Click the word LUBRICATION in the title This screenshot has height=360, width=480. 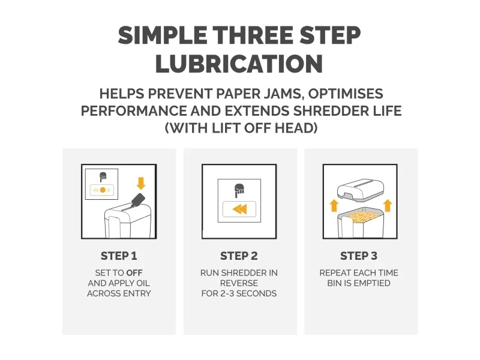(x=239, y=64)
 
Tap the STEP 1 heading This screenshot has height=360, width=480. (x=119, y=256)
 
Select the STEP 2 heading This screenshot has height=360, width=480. (x=239, y=256)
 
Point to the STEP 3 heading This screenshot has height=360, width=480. (x=359, y=256)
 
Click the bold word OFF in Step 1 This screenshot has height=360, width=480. (x=134, y=273)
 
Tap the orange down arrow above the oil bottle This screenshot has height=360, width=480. (x=141, y=183)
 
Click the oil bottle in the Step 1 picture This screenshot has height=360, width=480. (x=137, y=200)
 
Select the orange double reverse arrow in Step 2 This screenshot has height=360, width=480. (x=239, y=209)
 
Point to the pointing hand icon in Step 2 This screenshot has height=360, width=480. (x=239, y=191)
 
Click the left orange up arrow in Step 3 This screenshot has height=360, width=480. (x=334, y=205)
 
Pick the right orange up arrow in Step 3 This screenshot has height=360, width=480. (x=388, y=205)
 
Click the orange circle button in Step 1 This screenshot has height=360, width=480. (x=103, y=190)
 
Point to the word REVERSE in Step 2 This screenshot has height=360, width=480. (x=239, y=283)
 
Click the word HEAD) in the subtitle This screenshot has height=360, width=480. (x=296, y=128)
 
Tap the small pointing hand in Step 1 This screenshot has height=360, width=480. (x=103, y=177)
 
